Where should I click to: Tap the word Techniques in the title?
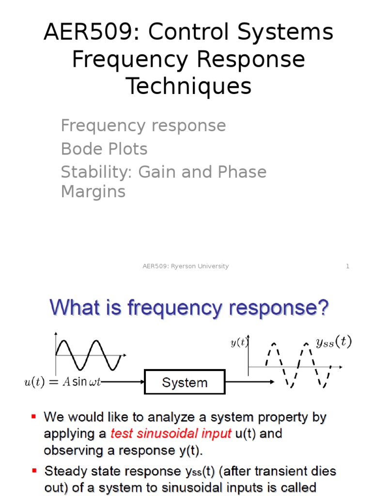pyautogui.click(x=189, y=86)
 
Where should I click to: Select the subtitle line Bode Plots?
pyautogui.click(x=104, y=149)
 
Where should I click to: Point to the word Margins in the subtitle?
pyautogui.click(x=93, y=191)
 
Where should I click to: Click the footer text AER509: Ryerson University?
pyautogui.click(x=186, y=266)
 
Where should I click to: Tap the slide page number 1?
pyautogui.click(x=347, y=266)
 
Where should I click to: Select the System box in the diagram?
pyautogui.click(x=185, y=383)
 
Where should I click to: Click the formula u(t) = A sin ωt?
pyautogui.click(x=62, y=382)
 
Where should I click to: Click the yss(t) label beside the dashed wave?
pyautogui.click(x=334, y=342)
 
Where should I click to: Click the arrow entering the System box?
pyautogui.click(x=124, y=382)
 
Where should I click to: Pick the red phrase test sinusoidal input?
pyautogui.click(x=170, y=434)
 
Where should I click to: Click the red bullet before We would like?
pyautogui.click(x=34, y=417)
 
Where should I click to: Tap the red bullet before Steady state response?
pyautogui.click(x=34, y=470)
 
